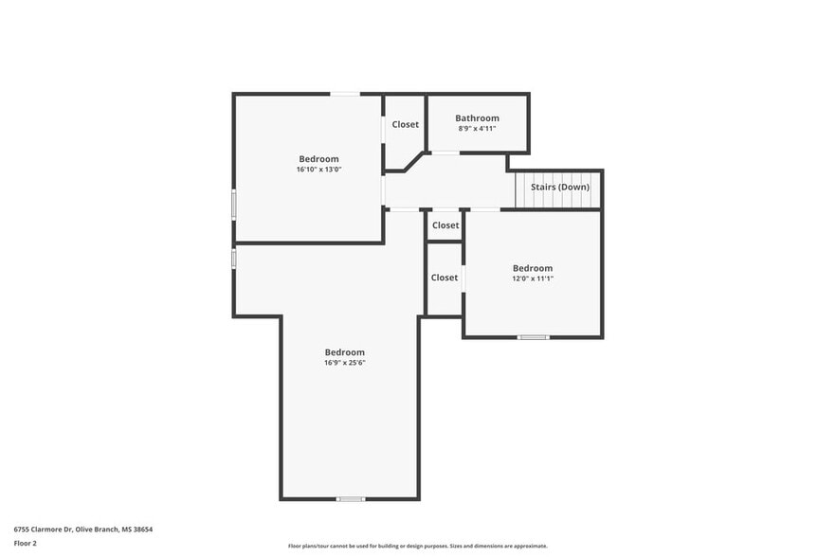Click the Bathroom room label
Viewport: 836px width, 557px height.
pyautogui.click(x=477, y=118)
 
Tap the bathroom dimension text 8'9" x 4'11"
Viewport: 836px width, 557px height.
pyautogui.click(x=477, y=129)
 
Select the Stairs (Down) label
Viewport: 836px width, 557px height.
pyautogui.click(x=559, y=188)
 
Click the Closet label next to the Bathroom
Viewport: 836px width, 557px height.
pyautogui.click(x=406, y=124)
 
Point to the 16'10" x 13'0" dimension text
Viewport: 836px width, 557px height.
pyautogui.click(x=318, y=170)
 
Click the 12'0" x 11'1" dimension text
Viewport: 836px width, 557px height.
pyautogui.click(x=532, y=278)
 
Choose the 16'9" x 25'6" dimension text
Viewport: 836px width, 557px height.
pyautogui.click(x=344, y=363)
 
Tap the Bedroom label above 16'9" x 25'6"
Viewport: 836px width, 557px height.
pyautogui.click(x=344, y=352)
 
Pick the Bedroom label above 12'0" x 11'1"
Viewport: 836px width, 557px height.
pyautogui.click(x=532, y=268)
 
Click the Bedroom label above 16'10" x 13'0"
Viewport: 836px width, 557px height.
pyautogui.click(x=318, y=159)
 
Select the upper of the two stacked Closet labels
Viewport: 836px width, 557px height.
pyautogui.click(x=445, y=225)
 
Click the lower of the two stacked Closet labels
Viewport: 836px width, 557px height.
pyautogui.click(x=445, y=278)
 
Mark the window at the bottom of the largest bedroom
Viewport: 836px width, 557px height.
pyautogui.click(x=351, y=498)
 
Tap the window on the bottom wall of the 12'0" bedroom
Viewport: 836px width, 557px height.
pyautogui.click(x=533, y=337)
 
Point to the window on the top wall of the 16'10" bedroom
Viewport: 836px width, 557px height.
pyautogui.click(x=344, y=93)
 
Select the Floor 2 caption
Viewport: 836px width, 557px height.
pyautogui.click(x=26, y=544)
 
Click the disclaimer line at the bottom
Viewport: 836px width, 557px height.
pyautogui.click(x=417, y=547)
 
